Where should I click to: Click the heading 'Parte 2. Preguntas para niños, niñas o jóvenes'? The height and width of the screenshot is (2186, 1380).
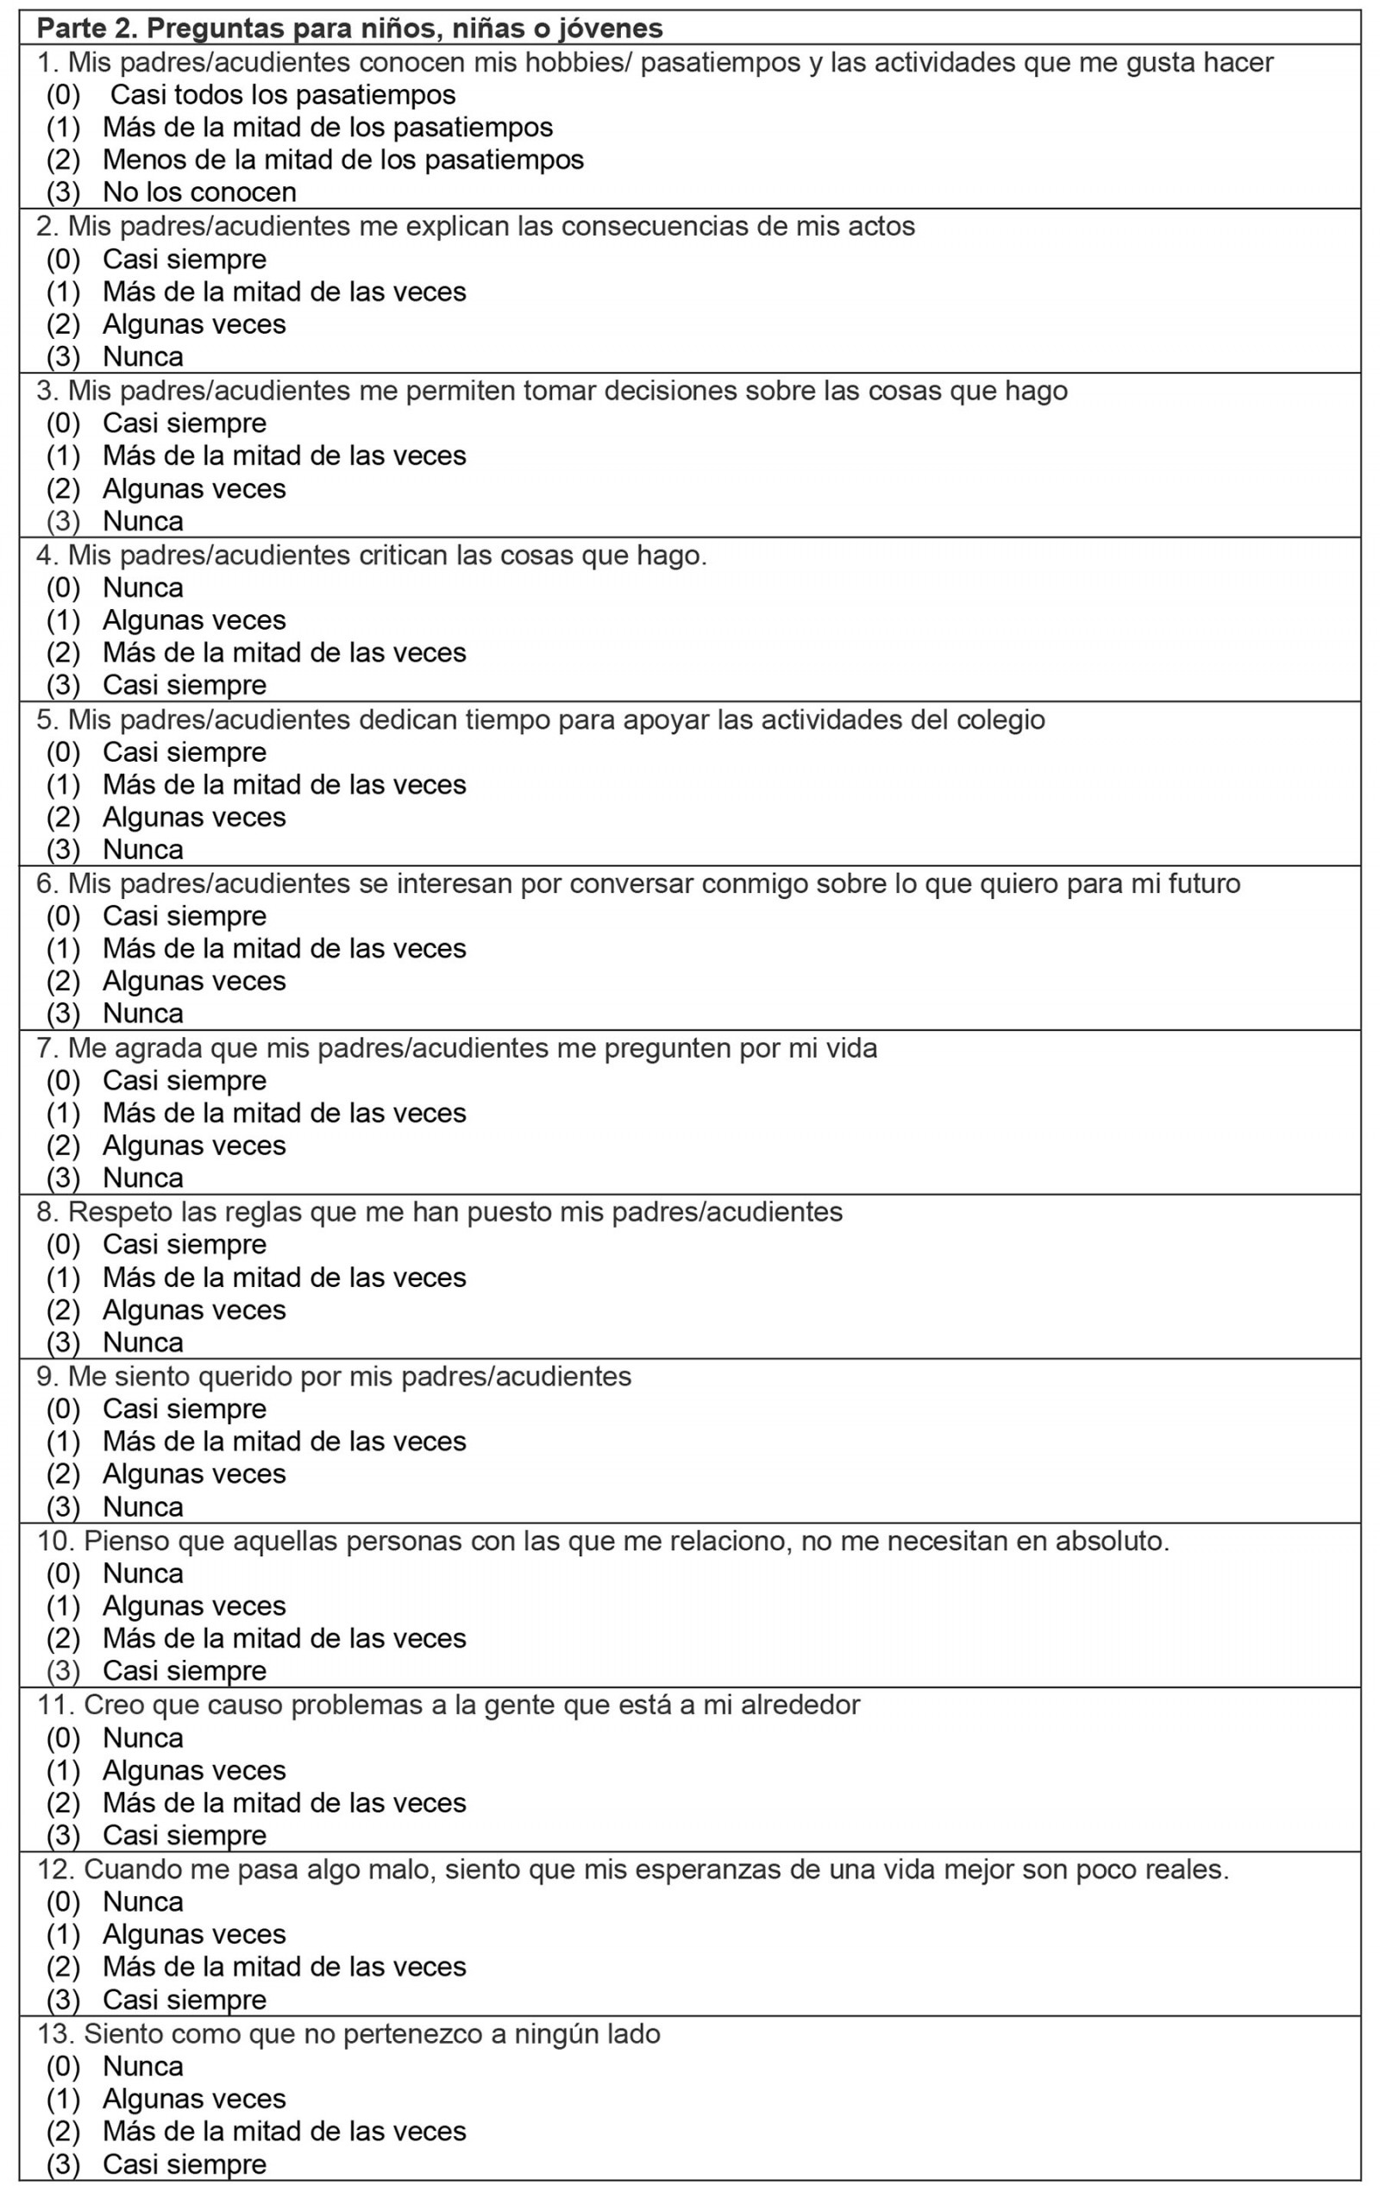coord(349,28)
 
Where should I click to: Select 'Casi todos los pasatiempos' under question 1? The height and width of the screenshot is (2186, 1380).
coord(282,94)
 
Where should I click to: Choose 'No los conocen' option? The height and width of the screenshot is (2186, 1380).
coord(199,192)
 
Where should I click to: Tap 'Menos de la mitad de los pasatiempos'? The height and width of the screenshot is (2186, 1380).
coord(342,159)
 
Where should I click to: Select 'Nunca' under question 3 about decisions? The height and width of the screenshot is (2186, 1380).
coord(142,520)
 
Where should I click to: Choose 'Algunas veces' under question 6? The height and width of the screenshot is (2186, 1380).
coord(193,981)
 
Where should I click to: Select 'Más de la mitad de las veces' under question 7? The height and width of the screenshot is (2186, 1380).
coord(283,1112)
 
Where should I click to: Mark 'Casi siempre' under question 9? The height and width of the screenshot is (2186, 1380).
coord(185,1408)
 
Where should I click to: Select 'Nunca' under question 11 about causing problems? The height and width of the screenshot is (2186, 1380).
coord(142,1737)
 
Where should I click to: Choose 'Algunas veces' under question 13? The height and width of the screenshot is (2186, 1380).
coord(193,2098)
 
